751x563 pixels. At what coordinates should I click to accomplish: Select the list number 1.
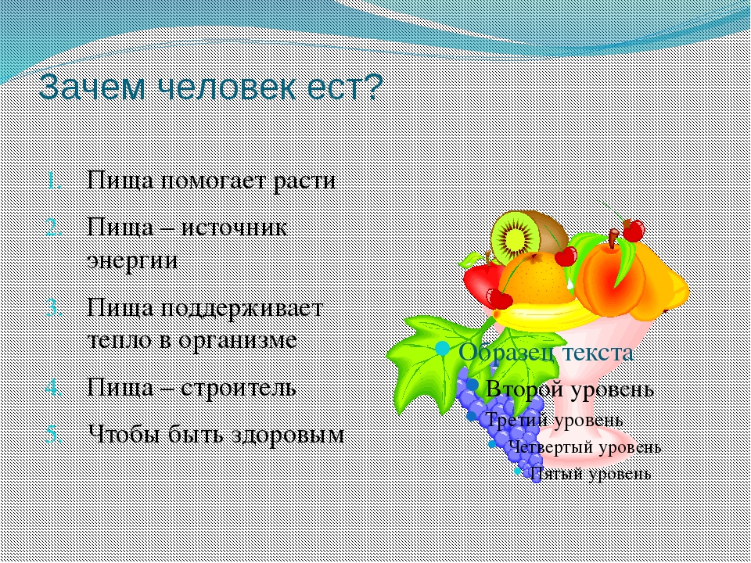pos(55,181)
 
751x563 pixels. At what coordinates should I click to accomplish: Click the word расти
pos(304,181)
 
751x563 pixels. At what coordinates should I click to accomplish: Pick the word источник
pos(234,227)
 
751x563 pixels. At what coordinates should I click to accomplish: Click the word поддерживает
pos(241,308)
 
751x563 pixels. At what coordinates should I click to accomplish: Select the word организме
pos(238,341)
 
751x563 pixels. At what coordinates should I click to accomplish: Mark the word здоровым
pos(288,435)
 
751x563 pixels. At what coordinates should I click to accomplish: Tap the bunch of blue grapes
pos(499,421)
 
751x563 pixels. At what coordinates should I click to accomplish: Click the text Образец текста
pos(546,353)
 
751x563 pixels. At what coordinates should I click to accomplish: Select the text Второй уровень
pos(570,389)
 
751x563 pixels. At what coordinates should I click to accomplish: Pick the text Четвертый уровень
pos(585,447)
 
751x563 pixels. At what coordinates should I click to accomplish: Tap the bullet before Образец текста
pos(443,349)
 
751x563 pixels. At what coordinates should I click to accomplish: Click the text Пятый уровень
pos(590,474)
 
